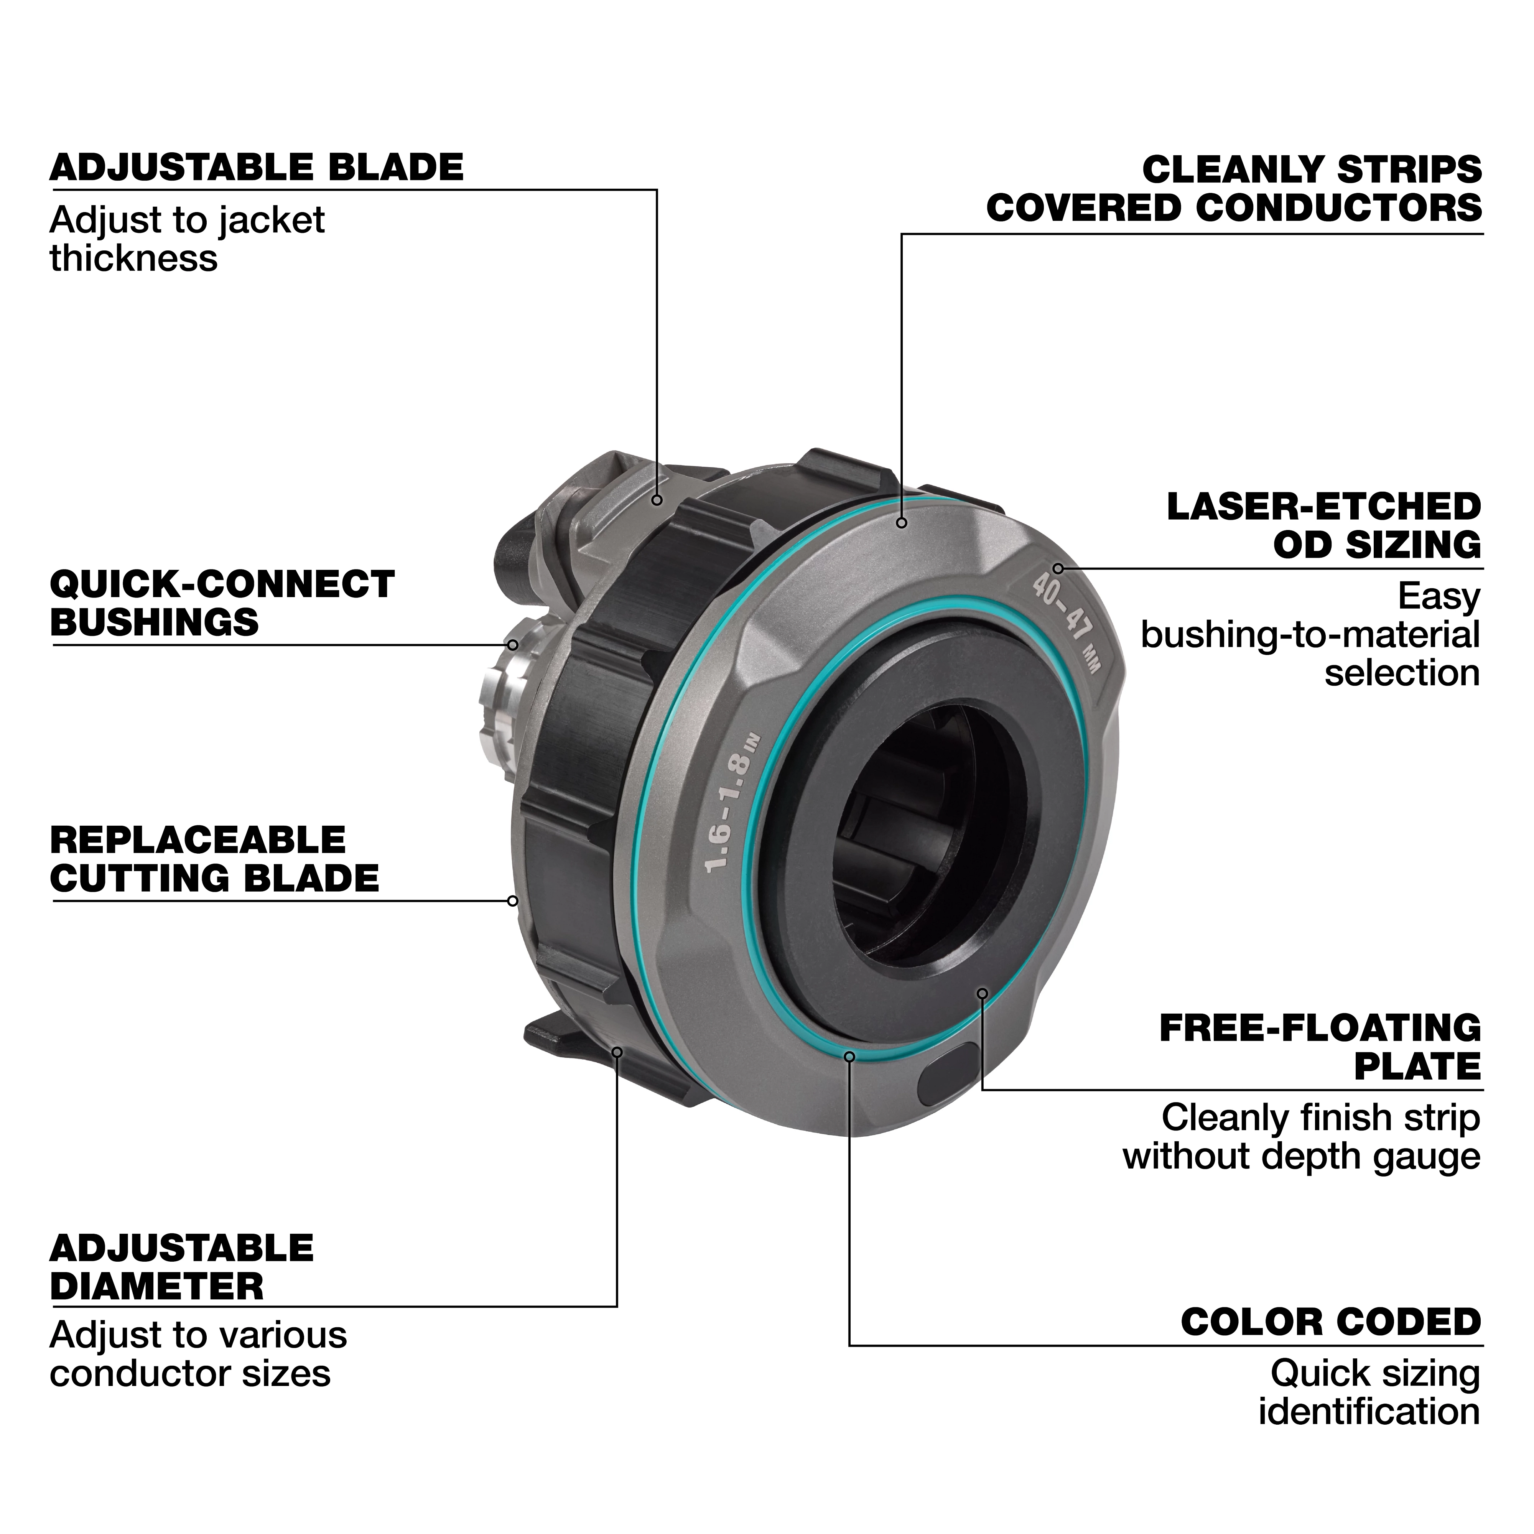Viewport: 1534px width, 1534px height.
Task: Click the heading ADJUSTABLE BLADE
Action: (257, 168)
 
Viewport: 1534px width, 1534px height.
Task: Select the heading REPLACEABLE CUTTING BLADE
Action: (214, 859)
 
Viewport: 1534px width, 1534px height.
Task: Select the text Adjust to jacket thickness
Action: (188, 239)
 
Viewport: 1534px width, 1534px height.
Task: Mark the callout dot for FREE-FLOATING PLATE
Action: (982, 993)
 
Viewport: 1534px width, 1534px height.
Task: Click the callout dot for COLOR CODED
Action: (849, 1057)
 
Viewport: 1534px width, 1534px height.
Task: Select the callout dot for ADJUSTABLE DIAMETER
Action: (617, 1052)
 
